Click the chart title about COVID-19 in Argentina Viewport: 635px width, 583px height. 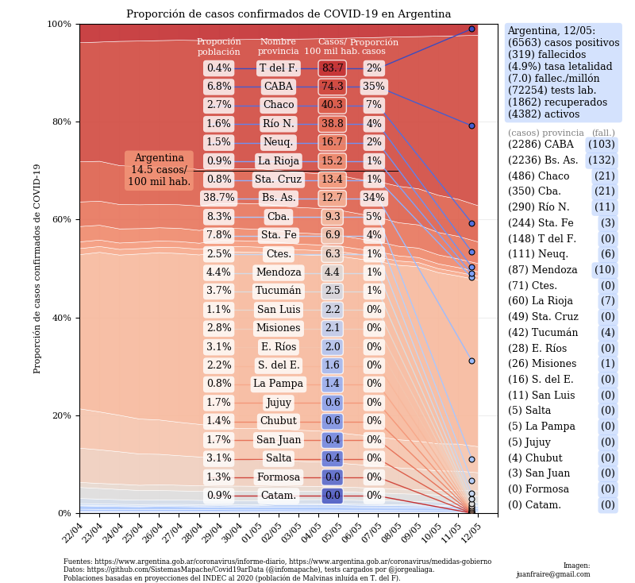pos(288,14)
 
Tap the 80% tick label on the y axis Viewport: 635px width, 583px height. pos(60,122)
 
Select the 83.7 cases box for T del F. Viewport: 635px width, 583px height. pos(332,68)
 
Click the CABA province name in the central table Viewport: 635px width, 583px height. pos(278,87)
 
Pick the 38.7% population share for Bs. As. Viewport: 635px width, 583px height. pos(218,198)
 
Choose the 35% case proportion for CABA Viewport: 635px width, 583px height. pos(374,87)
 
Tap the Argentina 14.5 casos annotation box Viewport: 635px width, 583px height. pos(159,170)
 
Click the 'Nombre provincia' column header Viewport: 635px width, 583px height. pos(278,47)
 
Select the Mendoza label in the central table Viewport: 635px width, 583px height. pos(278,272)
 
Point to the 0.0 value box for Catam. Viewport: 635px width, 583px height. pos(332,496)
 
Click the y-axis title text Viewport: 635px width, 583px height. pos(38,268)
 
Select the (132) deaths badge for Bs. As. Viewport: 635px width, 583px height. pos(601,160)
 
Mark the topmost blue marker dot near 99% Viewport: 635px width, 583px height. pos(471,29)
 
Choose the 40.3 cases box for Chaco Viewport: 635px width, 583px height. pos(332,105)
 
